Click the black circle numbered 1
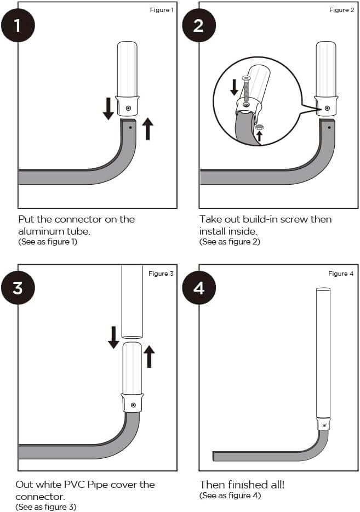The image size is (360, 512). point(18,25)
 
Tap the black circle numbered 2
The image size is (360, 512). point(199,25)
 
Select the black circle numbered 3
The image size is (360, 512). point(18,287)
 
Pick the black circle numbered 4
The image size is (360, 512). point(199,287)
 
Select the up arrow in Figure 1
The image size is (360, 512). point(147,128)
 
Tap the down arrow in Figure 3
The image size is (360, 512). point(113,337)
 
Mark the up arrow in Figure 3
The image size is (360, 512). point(148,356)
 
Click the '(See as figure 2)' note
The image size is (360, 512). point(230,242)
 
